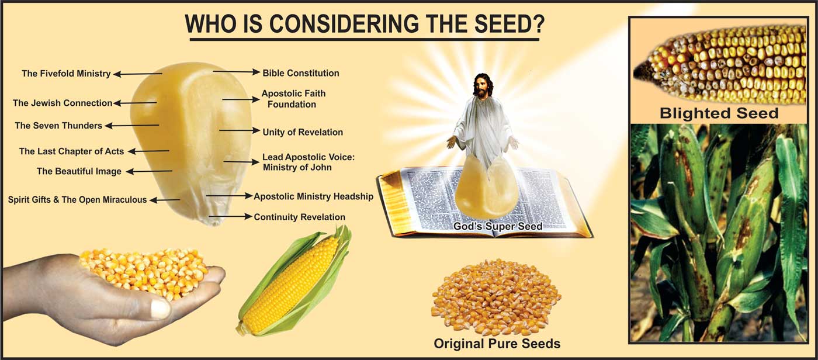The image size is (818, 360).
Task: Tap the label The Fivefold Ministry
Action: [x=66, y=74]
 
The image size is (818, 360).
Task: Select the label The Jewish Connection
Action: [x=63, y=103]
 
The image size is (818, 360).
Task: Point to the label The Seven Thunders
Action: [x=58, y=126]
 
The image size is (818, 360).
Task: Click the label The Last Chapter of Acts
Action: [x=71, y=151]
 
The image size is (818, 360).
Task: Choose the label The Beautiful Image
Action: [x=79, y=171]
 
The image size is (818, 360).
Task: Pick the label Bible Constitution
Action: [x=301, y=73]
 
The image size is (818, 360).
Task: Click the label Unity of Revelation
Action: [x=303, y=132]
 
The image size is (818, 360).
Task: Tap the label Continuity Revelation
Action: [x=299, y=217]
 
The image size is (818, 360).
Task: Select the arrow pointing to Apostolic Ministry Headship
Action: [x=229, y=196]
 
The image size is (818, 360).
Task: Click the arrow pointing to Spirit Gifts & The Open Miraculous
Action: [x=165, y=200]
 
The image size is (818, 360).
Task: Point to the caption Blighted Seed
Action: [x=719, y=113]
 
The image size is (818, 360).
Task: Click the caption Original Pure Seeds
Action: [x=497, y=344]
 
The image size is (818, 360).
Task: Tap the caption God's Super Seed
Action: [x=498, y=226]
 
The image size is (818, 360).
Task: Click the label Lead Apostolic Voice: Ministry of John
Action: [x=309, y=162]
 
